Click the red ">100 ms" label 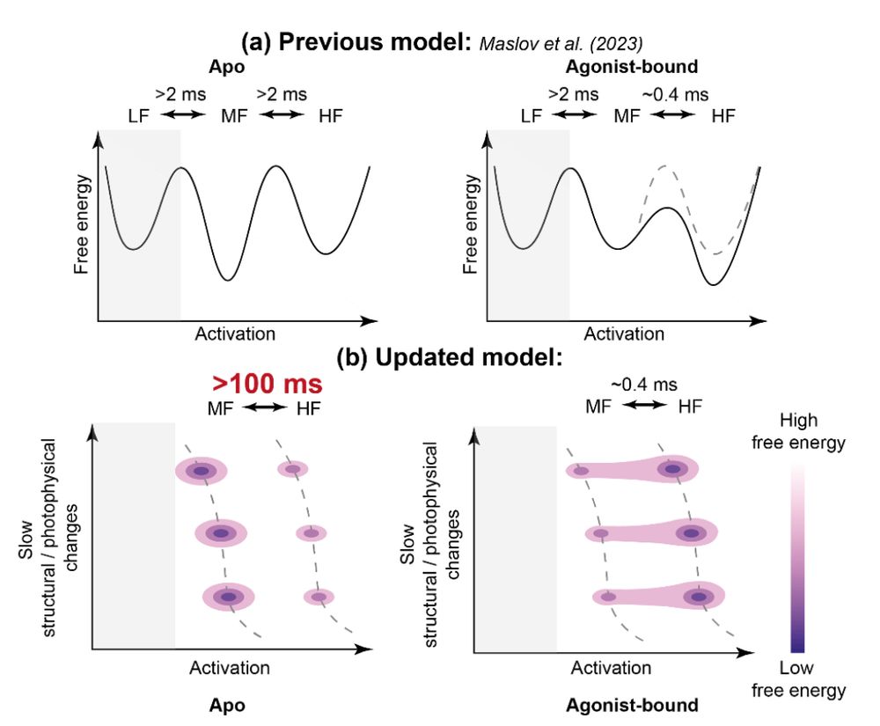267,385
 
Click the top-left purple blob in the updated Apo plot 202,472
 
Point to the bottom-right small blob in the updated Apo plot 319,597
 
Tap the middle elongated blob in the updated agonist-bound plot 651,532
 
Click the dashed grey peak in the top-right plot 664,165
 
